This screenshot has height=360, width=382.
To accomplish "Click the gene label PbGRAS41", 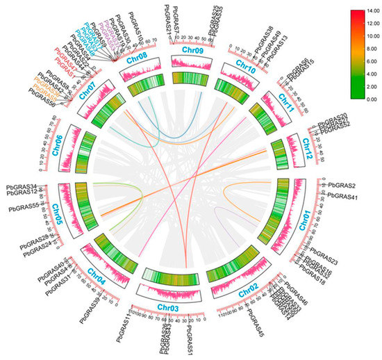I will [x=342, y=197].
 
